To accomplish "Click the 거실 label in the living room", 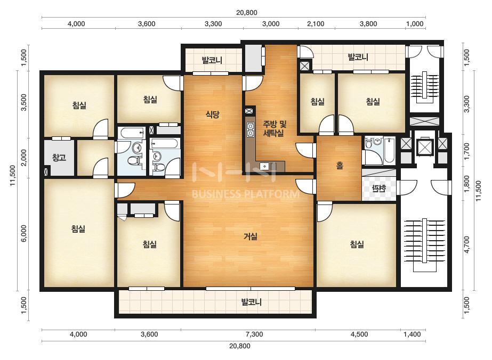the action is point(251,236).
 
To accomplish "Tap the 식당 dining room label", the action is point(212,114).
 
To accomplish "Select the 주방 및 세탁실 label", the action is point(274,128).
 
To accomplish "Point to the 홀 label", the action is point(340,165).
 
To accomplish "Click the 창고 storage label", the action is point(59,157).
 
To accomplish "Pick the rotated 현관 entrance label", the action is point(378,189).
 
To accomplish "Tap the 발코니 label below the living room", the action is point(251,302).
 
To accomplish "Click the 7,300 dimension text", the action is point(254,334).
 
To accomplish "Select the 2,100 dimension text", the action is point(316,24).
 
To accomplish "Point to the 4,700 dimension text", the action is point(467,244).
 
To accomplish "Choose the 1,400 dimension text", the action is point(412,334).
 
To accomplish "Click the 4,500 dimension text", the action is point(359,334).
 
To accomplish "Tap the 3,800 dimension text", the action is point(368,24).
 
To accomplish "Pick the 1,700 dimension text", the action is point(467,151).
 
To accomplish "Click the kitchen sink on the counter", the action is point(264,166).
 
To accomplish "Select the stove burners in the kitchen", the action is point(251,129).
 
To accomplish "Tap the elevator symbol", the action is point(424,146).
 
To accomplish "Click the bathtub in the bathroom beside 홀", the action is point(389,151).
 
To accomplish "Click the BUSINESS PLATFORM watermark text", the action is point(246,194).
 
